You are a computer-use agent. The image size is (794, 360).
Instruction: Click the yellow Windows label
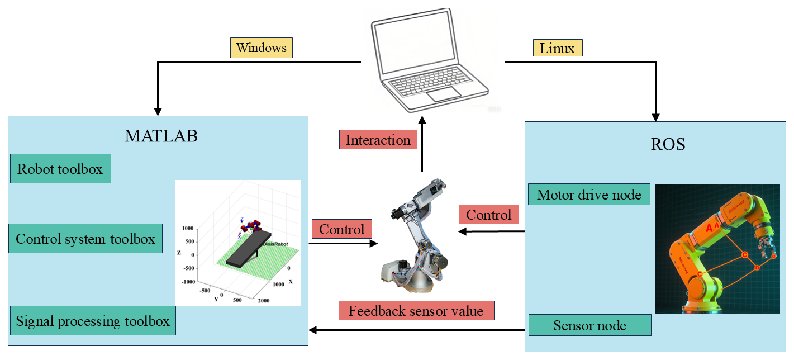[x=262, y=48]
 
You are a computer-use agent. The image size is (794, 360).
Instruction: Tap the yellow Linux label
[x=558, y=48]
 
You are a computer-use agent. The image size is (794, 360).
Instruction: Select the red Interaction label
[x=378, y=140]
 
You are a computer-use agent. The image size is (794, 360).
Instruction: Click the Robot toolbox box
[x=60, y=169]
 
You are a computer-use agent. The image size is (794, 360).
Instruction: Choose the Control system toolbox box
[x=85, y=239]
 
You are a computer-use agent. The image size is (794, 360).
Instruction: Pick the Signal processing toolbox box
[x=93, y=321]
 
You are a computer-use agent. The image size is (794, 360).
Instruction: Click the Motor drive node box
[x=589, y=195]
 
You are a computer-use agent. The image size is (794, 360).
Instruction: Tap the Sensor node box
[x=589, y=325]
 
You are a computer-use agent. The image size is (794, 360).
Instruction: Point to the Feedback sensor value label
[x=416, y=311]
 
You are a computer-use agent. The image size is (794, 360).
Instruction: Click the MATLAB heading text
[x=161, y=136]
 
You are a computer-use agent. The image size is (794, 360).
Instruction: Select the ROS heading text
[x=668, y=144]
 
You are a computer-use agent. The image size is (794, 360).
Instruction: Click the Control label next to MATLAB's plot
[x=341, y=229]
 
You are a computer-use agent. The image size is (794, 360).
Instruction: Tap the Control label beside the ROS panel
[x=489, y=215]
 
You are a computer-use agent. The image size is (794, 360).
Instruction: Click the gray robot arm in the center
[x=417, y=235]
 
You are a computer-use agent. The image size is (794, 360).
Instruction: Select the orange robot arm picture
[x=717, y=249]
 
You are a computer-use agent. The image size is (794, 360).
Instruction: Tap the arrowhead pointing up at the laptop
[x=422, y=120]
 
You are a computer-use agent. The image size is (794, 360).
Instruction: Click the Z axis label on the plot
[x=179, y=253]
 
